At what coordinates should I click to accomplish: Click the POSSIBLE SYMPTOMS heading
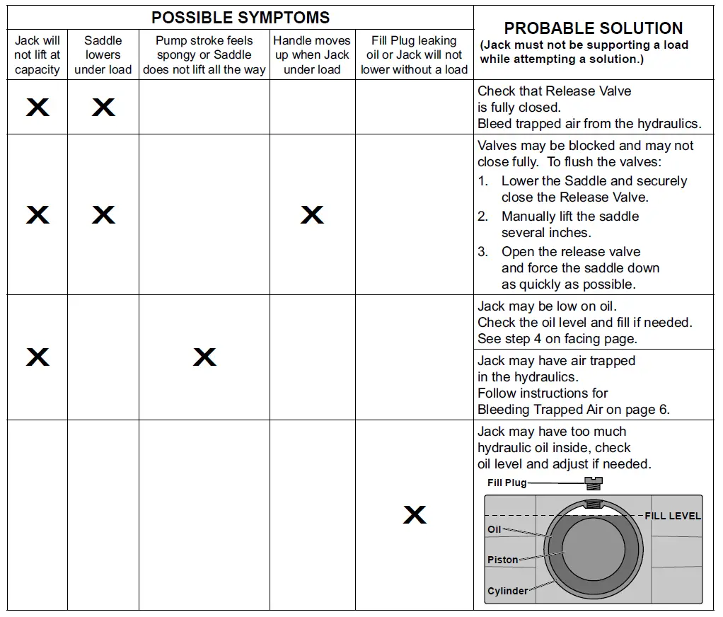(241, 18)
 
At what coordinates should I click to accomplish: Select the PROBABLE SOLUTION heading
(593, 28)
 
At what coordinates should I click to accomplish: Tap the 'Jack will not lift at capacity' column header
(37, 55)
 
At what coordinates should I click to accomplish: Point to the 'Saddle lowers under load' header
(103, 55)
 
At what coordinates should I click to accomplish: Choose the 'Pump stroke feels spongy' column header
(204, 55)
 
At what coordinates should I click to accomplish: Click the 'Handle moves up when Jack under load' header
(312, 55)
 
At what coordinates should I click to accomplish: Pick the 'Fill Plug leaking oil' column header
(414, 55)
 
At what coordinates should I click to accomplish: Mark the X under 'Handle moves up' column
(312, 215)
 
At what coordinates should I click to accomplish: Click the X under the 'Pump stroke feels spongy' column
(204, 357)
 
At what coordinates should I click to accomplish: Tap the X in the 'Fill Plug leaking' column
(415, 514)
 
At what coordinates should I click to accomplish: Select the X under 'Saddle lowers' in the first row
(103, 107)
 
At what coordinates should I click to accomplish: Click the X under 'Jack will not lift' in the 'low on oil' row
(37, 357)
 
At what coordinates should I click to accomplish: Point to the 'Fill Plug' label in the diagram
(507, 483)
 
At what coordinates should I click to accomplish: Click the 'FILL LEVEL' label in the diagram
(672, 517)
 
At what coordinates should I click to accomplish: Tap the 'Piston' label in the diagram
(502, 560)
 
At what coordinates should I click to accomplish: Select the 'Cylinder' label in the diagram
(507, 591)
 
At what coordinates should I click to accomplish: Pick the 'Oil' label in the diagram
(494, 529)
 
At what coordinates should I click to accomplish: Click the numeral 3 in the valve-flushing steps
(482, 252)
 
